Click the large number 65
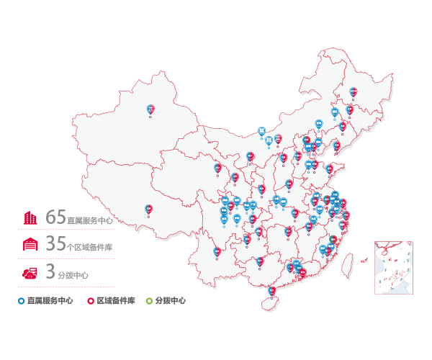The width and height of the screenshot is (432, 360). pos(55,217)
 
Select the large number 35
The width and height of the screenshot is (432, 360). pos(55,245)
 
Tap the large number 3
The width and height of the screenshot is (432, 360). pos(50,272)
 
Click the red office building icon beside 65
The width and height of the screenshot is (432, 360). pos(30,217)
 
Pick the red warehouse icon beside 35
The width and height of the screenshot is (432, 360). pos(30,245)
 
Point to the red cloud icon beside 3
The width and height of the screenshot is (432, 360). pos(30,272)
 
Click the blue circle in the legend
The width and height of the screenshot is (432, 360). pos(22,300)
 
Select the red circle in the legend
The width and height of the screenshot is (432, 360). pos(90,300)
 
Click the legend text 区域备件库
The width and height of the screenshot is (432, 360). pos(116,300)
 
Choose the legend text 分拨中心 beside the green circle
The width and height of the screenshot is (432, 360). pos(170,300)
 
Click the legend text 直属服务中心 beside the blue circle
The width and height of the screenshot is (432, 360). pos(50,300)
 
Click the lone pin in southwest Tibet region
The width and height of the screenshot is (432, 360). pos(148,209)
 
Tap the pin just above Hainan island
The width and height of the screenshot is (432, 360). pos(271,291)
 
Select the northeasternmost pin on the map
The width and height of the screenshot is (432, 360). pos(353,91)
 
